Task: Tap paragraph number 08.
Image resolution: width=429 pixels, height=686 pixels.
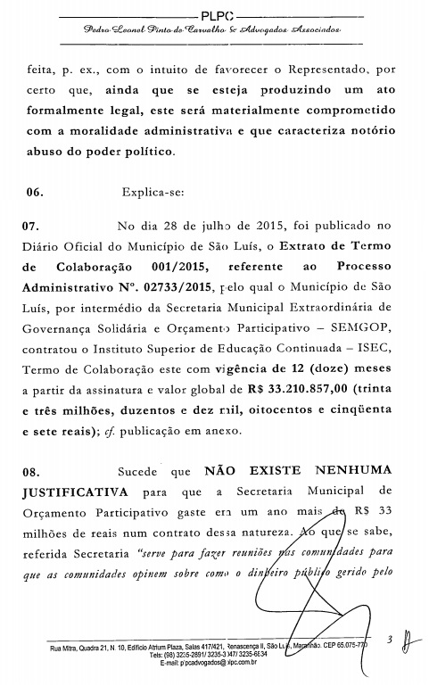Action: [33, 471]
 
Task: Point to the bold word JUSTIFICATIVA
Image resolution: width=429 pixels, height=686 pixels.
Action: [75, 492]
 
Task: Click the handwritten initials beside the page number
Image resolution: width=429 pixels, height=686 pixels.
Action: [408, 641]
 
